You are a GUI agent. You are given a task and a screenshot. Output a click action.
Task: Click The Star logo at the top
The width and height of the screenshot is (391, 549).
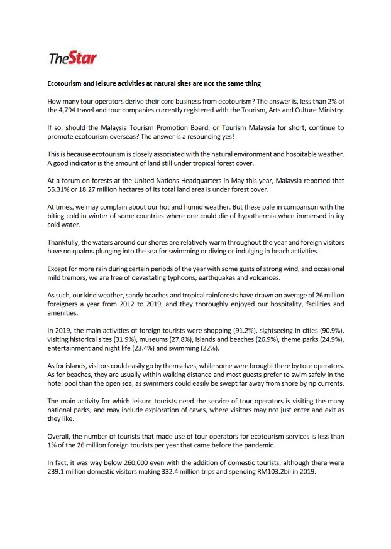[72, 59]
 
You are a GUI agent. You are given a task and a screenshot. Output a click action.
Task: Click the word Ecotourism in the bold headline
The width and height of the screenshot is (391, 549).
[68, 83]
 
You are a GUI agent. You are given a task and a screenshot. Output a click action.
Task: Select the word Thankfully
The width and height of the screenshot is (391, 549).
[65, 242]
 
